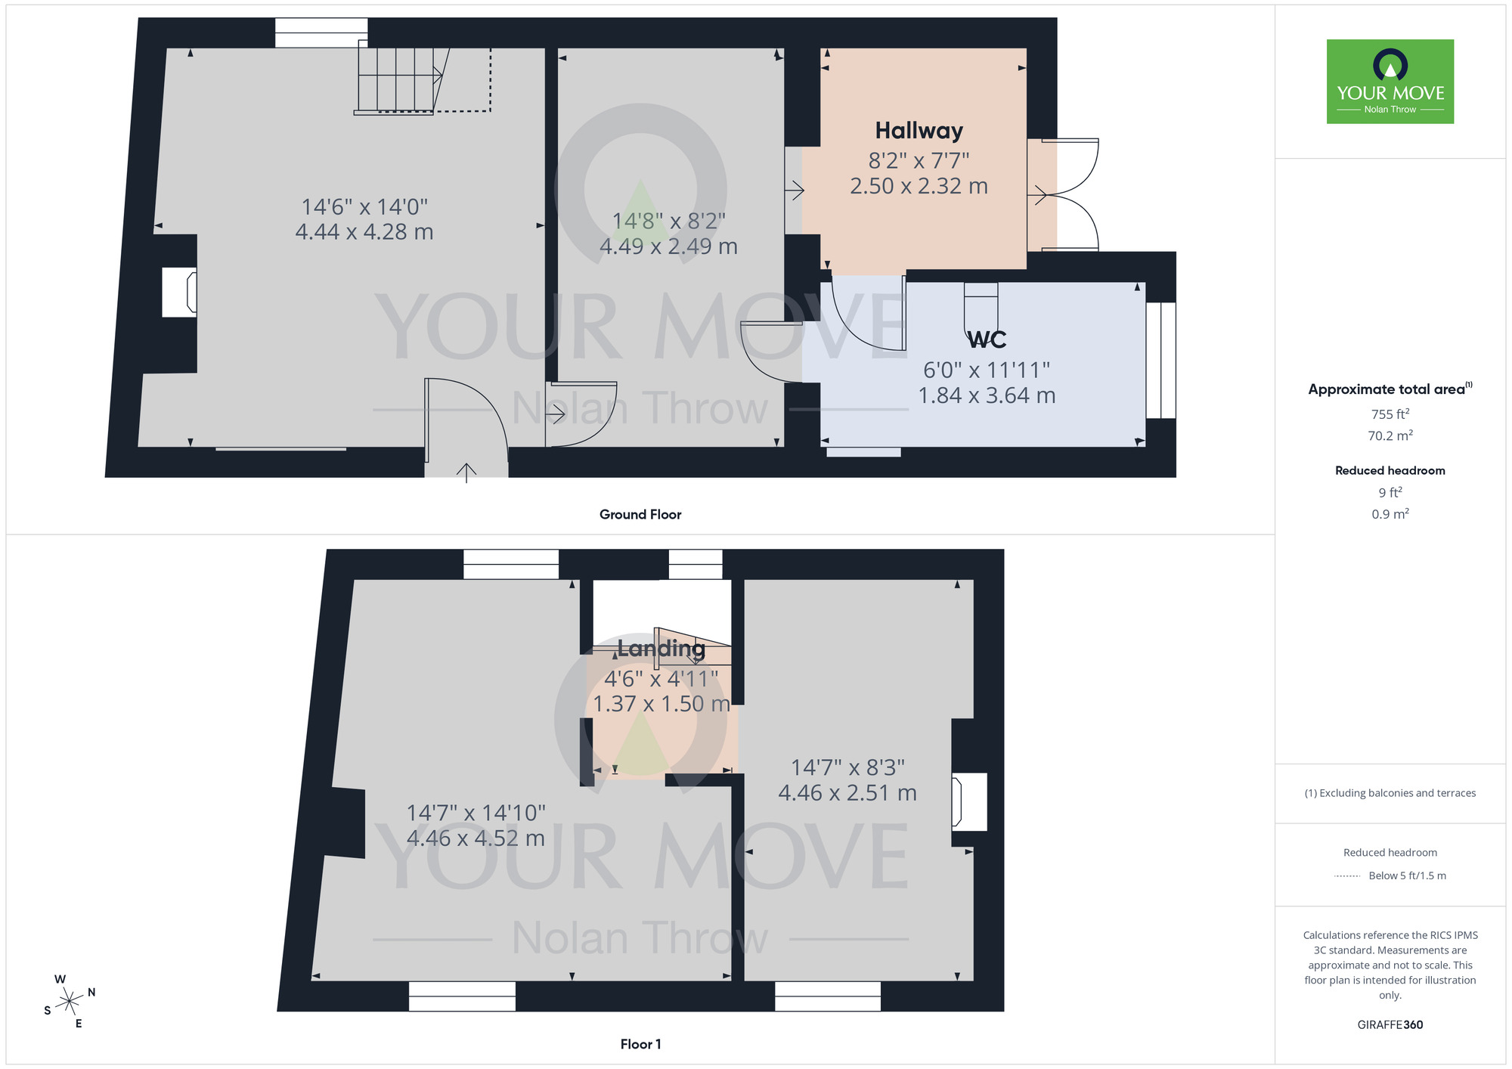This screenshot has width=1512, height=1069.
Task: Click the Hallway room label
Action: pyautogui.click(x=919, y=131)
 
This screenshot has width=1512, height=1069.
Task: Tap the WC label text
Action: pyautogui.click(x=987, y=340)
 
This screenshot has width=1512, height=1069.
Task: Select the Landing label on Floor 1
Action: pyautogui.click(x=661, y=649)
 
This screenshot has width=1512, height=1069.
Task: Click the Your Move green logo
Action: pyautogui.click(x=1390, y=82)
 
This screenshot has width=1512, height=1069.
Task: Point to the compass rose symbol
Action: pyautogui.click(x=70, y=1002)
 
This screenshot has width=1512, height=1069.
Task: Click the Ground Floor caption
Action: pyautogui.click(x=640, y=515)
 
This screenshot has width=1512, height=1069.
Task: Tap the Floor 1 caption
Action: pyautogui.click(x=640, y=1044)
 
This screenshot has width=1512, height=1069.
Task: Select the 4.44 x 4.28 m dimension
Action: pyautogui.click(x=364, y=232)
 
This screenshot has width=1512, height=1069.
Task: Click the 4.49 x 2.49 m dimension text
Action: pyautogui.click(x=668, y=246)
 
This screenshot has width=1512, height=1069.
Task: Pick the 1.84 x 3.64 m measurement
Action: pyautogui.click(x=987, y=395)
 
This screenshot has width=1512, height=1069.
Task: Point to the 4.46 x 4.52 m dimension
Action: pyautogui.click(x=476, y=838)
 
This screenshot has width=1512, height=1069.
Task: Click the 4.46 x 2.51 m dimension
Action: pyautogui.click(x=847, y=793)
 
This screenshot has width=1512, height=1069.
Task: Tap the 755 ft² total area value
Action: pyautogui.click(x=1390, y=414)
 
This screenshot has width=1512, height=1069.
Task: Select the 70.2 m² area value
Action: pyautogui.click(x=1390, y=435)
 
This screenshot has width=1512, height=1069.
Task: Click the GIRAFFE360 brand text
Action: pyautogui.click(x=1390, y=1025)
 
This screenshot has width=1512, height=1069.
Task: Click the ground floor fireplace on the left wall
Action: pyautogui.click(x=180, y=292)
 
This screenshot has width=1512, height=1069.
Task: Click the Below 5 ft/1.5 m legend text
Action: pyautogui.click(x=1407, y=876)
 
